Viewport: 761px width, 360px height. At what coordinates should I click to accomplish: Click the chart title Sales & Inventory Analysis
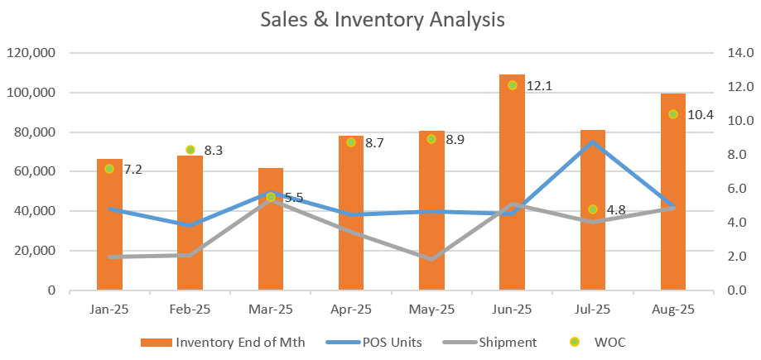(x=382, y=19)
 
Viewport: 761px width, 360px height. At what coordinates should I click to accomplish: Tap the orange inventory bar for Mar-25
(x=271, y=240)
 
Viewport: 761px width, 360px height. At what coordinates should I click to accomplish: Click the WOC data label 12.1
(x=533, y=86)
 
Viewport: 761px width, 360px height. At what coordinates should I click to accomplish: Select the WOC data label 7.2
(x=132, y=170)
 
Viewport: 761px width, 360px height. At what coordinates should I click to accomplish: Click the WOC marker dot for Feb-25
(x=190, y=150)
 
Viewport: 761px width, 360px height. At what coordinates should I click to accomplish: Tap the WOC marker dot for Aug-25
(x=673, y=114)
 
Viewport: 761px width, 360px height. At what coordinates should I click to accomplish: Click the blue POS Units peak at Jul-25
(x=593, y=142)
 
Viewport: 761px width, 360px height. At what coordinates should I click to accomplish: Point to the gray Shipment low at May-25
(x=431, y=259)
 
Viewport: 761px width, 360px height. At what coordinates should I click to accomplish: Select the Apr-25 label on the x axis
(x=351, y=310)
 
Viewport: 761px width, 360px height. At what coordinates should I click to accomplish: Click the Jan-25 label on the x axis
(x=109, y=310)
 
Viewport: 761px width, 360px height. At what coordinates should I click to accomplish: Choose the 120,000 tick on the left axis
(x=31, y=53)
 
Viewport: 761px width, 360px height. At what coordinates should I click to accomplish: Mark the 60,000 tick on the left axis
(x=34, y=172)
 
